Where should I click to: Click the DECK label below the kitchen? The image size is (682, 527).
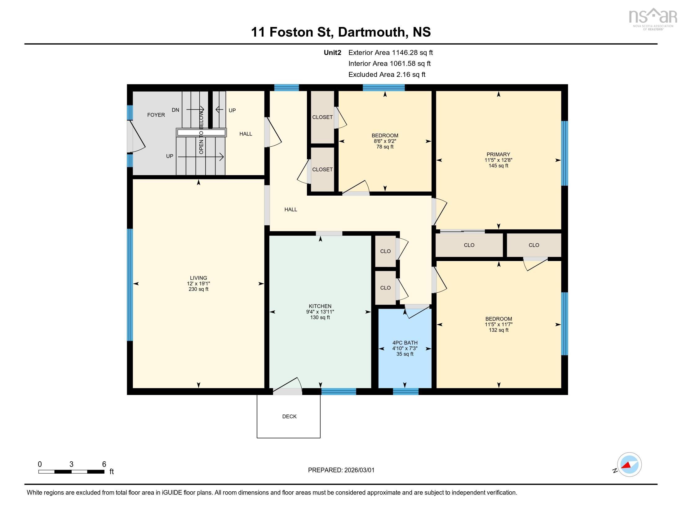tap(289, 416)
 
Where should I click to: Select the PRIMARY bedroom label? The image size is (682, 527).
tap(498, 155)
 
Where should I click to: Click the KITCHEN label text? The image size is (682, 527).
tap(320, 306)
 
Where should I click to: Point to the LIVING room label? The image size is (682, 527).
tap(198, 278)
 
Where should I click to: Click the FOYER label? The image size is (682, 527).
tap(156, 115)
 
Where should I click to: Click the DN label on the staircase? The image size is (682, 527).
tap(175, 110)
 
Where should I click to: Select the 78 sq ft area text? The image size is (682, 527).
tap(385, 147)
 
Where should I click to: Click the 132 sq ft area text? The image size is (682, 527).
tap(498, 330)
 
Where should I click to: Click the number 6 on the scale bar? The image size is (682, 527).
tap(104, 464)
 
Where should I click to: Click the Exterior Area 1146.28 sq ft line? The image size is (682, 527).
tap(390, 53)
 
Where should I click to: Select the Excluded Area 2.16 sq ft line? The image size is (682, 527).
tap(387, 75)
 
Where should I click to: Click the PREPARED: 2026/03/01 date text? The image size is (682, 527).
tap(341, 470)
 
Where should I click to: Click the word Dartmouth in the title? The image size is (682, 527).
tap(371, 32)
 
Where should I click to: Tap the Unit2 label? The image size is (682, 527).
tap(332, 53)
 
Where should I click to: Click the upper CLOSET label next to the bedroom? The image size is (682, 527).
tap(322, 117)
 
